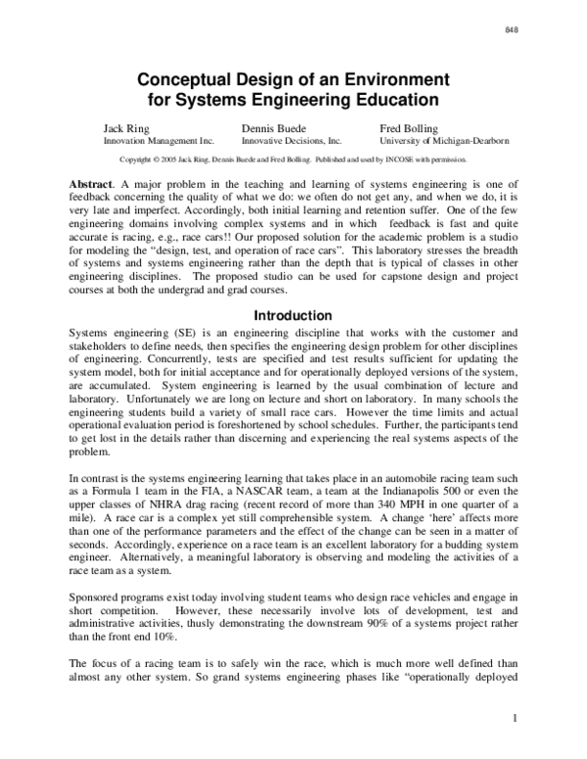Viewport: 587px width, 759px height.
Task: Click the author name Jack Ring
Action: (125, 129)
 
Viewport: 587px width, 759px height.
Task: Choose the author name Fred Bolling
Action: (410, 129)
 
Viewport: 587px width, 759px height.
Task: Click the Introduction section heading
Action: (293, 316)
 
